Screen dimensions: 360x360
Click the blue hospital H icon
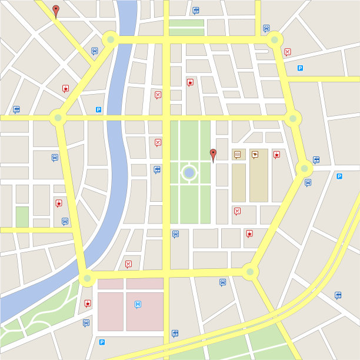(x=138, y=304)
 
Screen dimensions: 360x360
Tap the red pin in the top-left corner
(x=56, y=10)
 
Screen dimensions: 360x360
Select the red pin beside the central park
(x=214, y=154)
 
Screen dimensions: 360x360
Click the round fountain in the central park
(x=189, y=172)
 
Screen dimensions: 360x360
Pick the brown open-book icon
(x=238, y=154)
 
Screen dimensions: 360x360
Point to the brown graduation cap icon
(x=255, y=154)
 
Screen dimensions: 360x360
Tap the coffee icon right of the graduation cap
(x=276, y=154)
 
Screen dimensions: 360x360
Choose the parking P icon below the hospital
(x=102, y=342)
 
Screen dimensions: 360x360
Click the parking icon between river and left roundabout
(x=98, y=109)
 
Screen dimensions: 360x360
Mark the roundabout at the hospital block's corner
(x=87, y=278)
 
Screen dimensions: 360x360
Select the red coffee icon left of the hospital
(x=88, y=303)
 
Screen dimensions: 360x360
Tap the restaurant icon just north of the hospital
(x=128, y=264)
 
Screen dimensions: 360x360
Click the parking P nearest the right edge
(x=339, y=176)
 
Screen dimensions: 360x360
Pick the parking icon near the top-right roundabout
(x=300, y=68)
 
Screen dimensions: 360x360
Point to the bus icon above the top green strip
(x=196, y=10)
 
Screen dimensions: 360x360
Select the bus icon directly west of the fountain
(x=157, y=169)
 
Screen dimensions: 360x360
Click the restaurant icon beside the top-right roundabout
(x=287, y=52)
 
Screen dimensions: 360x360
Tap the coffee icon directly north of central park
(x=190, y=82)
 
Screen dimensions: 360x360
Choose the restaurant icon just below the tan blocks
(x=237, y=211)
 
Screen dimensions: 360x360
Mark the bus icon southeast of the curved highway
(x=338, y=295)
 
